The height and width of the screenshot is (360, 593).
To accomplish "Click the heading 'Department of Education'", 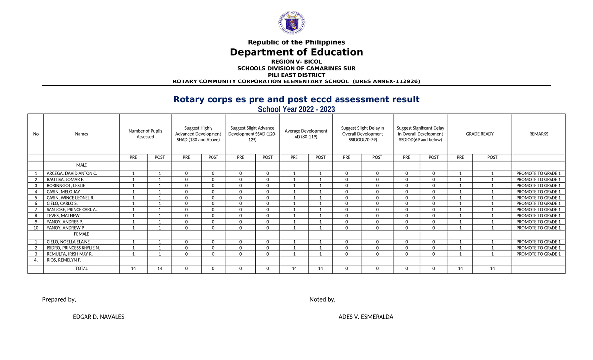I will [296, 52].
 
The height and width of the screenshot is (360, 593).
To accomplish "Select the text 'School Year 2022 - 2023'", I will [296, 109].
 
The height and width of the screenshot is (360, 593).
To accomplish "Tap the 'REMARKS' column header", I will [538, 134].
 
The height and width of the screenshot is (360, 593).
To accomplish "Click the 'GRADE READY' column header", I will [480, 134].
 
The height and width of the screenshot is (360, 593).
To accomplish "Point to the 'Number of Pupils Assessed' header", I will [145, 134].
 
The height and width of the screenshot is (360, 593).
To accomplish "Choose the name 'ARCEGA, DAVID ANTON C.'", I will [72, 174].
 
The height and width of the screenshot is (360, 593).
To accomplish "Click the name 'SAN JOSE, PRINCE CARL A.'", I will [72, 210].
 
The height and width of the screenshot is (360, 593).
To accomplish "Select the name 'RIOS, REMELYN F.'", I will [64, 260].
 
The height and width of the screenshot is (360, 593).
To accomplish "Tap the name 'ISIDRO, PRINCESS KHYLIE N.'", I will [74, 248].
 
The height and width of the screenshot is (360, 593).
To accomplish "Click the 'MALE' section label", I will [81, 165].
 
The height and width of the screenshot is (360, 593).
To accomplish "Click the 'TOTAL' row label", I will [81, 268].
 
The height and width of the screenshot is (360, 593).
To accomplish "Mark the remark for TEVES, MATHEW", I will [538, 216].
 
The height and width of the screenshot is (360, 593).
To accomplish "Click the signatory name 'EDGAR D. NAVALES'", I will [98, 317].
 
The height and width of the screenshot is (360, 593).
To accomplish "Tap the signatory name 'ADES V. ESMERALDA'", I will [366, 317].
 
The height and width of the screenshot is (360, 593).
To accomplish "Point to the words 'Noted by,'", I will [322, 299].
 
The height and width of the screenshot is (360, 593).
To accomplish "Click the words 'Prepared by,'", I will [59, 299].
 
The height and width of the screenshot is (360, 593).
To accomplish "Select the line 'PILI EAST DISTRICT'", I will [296, 75].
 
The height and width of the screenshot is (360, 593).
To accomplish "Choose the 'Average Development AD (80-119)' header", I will [306, 134].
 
